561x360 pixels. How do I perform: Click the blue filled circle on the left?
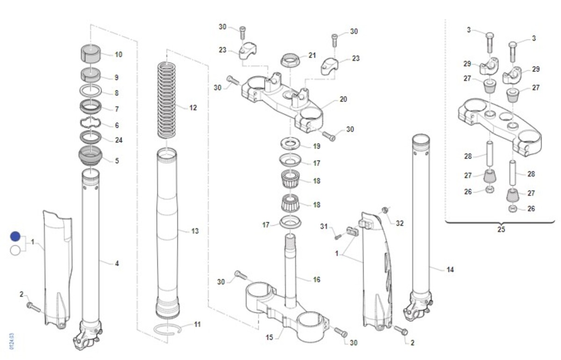pyautogui.click(x=15, y=237)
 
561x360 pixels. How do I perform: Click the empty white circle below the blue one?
pyautogui.click(x=15, y=250)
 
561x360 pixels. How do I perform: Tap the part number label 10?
pyautogui.click(x=118, y=55)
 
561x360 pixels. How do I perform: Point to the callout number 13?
pyautogui.click(x=195, y=231)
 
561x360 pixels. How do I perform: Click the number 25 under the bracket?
pyautogui.click(x=501, y=230)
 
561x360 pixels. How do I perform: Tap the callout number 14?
pyautogui.click(x=450, y=269)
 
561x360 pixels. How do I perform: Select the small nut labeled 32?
pyautogui.click(x=384, y=210)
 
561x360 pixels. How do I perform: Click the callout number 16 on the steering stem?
pyautogui.click(x=316, y=280)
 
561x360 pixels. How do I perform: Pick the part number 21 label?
pyautogui.click(x=312, y=55)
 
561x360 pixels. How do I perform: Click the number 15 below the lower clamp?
pyautogui.click(x=269, y=338)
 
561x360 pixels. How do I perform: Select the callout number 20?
pyautogui.click(x=343, y=99)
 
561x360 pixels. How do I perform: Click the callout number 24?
pyautogui.click(x=118, y=140)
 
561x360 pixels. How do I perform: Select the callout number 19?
pyautogui.click(x=316, y=146)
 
